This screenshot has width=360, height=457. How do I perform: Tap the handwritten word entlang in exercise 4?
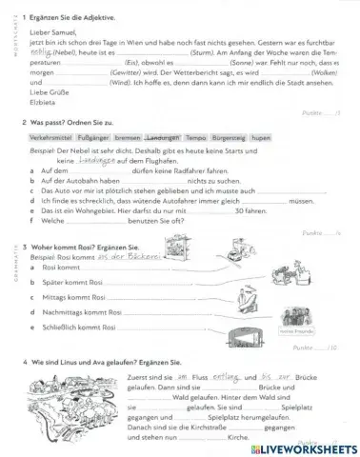tap(213, 378)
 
